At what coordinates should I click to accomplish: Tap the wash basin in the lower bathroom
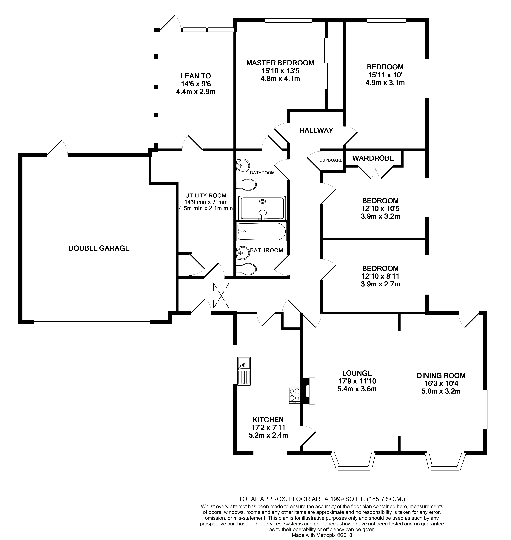click(243, 252)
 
